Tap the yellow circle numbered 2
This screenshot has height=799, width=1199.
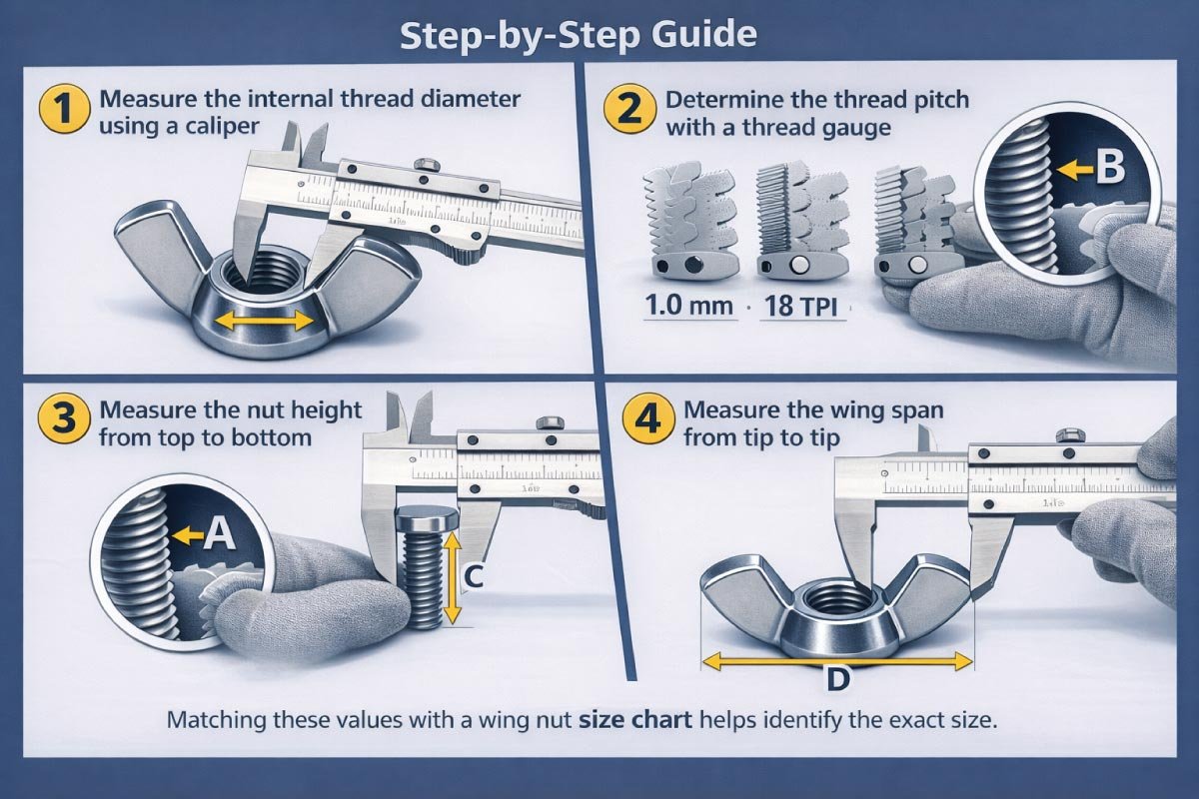[630, 109]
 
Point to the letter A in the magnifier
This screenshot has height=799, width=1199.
[218, 536]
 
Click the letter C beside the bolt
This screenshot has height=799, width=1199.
[476, 576]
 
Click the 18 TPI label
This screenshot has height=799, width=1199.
[802, 305]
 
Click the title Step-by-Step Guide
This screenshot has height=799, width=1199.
[579, 35]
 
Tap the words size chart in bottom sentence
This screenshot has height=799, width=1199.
[635, 720]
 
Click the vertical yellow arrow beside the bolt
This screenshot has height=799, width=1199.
[451, 576]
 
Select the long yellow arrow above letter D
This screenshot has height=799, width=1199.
[837, 660]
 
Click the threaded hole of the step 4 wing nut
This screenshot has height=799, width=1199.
[834, 599]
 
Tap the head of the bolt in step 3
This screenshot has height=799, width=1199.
[425, 521]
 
